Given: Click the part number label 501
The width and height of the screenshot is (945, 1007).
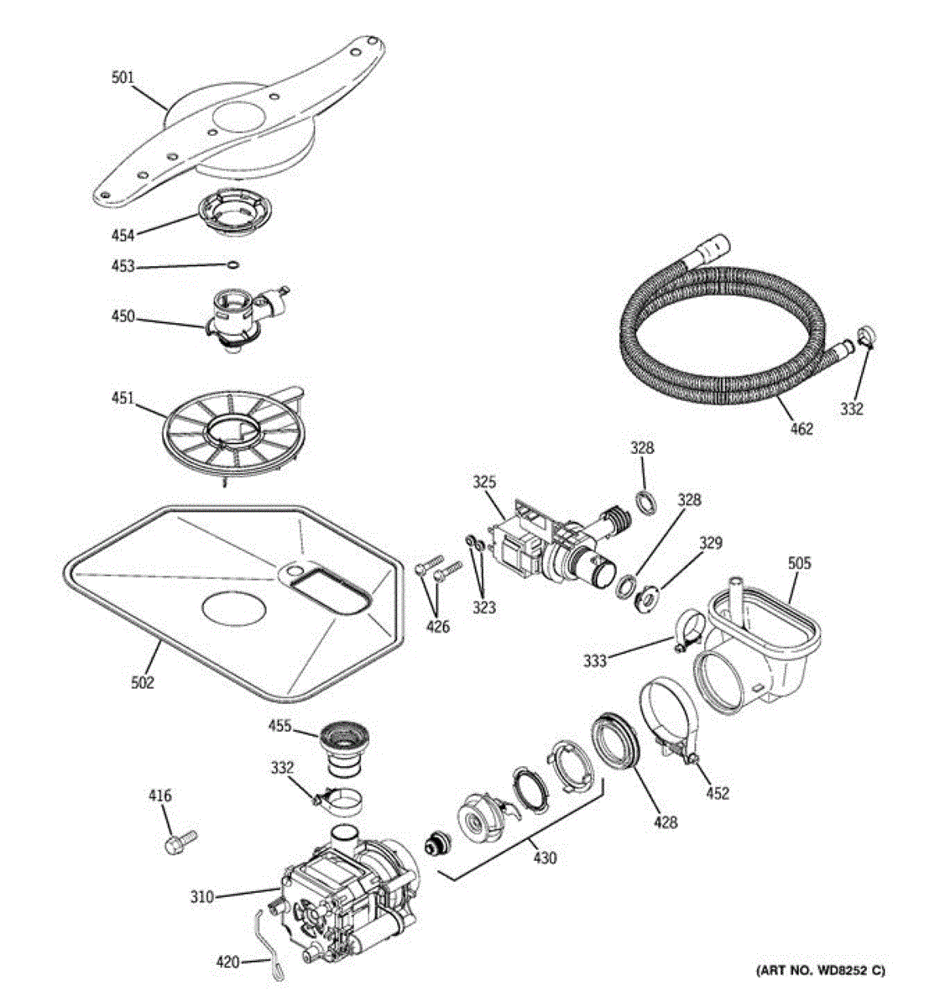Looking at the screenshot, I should [x=123, y=78].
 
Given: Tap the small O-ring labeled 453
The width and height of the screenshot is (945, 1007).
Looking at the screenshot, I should [x=233, y=266].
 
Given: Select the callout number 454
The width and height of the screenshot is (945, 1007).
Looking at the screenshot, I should [x=123, y=235].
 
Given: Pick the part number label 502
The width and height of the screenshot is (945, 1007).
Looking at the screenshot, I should [x=142, y=683].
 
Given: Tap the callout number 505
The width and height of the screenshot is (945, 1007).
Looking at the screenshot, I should [x=799, y=563].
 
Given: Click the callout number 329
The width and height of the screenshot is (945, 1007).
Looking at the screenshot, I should [x=710, y=543].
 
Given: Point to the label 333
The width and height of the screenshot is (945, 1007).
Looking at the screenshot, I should [x=595, y=661].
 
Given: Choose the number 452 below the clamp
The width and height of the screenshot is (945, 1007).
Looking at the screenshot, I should [x=718, y=793].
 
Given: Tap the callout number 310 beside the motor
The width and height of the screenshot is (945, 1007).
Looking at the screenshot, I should [x=201, y=897].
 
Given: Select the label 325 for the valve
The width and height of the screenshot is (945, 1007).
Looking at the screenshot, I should [x=483, y=483].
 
